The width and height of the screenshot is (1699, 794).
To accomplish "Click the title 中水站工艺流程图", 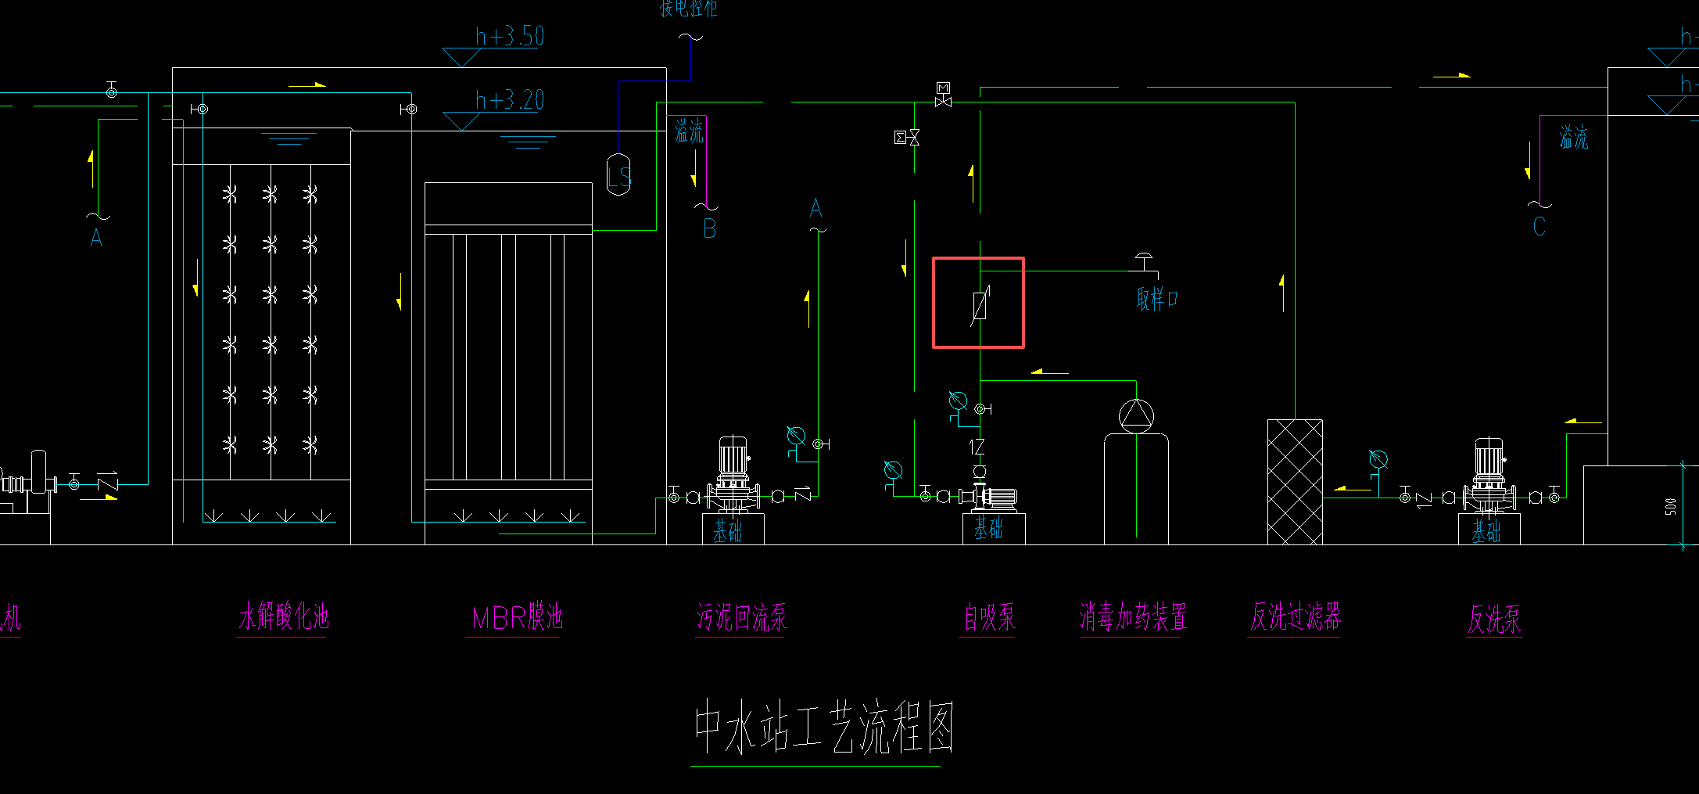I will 824,728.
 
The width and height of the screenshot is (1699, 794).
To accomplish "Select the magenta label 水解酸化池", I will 283,616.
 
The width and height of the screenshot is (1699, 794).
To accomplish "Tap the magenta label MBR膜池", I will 517,617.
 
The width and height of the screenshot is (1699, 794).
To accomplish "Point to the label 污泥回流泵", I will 742,617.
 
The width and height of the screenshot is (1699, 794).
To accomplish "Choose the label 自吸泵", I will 989,617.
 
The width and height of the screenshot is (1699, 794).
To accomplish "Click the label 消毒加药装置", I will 1133,616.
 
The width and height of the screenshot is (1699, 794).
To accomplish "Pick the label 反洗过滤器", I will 1295,616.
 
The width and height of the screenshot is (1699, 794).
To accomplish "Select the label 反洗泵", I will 1494,620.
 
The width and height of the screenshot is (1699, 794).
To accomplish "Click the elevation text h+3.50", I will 510,36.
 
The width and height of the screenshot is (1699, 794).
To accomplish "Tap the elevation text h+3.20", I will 510,100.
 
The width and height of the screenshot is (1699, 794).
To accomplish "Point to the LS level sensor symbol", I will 618,174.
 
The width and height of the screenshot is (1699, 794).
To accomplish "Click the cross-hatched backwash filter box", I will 1295,481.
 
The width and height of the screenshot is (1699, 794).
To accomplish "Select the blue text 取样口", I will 1157,298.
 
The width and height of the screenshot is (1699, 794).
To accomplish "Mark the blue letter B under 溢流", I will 709,228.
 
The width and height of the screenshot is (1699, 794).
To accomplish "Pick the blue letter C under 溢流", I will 1539,226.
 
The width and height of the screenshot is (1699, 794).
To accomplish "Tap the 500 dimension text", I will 1670,506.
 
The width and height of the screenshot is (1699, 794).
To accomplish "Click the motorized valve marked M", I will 943,95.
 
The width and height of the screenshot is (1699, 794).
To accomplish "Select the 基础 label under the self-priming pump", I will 988,529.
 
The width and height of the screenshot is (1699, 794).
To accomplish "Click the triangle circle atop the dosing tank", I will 1136,415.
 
